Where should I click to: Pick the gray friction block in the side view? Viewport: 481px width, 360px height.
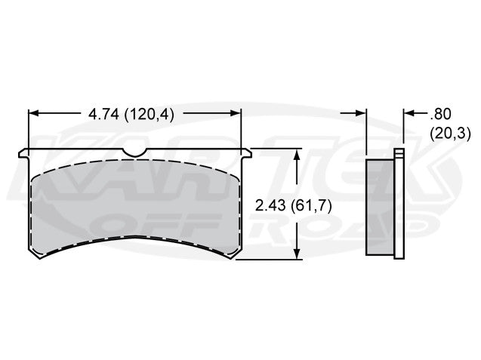click(380, 206)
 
